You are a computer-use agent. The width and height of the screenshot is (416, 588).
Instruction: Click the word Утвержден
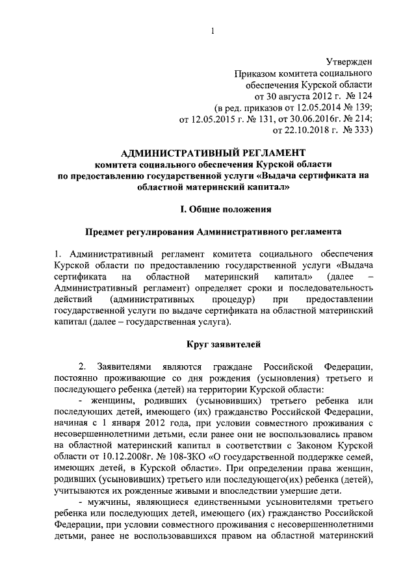(349, 62)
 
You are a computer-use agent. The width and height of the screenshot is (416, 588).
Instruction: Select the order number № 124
(357, 97)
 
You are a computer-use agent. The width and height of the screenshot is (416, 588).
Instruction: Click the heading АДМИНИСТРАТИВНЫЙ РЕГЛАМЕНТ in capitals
(212, 153)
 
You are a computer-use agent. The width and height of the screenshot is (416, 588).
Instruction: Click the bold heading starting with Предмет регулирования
(212, 232)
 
